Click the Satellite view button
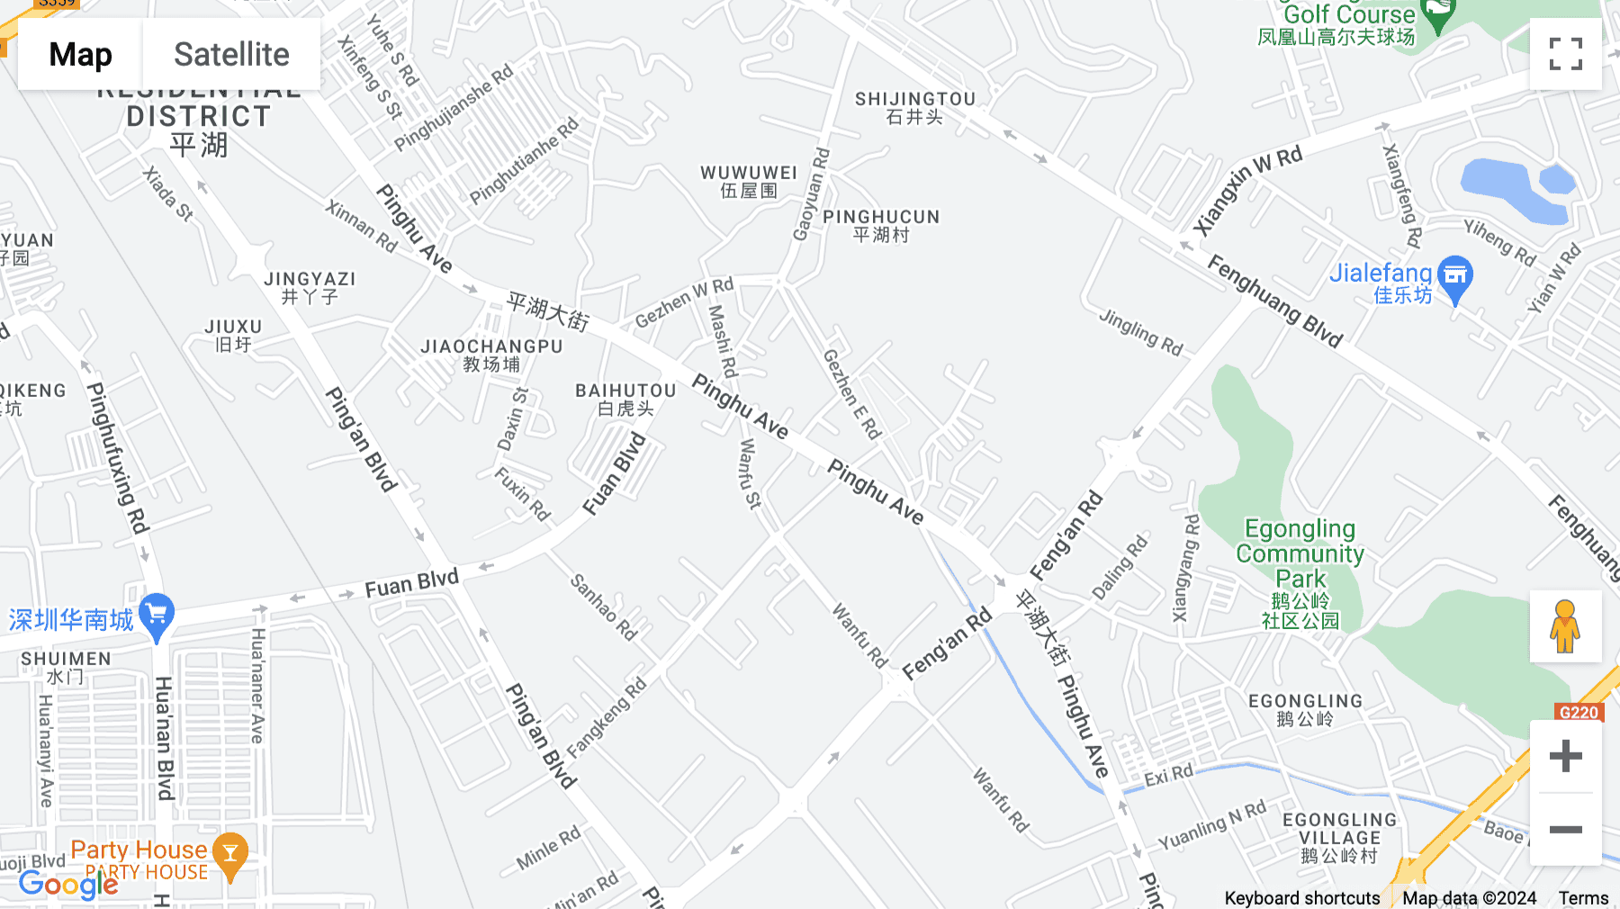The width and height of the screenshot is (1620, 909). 231,54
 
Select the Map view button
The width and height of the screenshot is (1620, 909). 80,54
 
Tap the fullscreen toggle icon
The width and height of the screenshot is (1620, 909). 1565,54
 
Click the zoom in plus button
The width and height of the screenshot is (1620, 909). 1565,755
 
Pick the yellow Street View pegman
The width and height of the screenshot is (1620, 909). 1565,626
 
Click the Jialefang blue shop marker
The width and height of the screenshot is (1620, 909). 1454,277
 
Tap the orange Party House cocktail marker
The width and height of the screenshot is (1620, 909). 230,853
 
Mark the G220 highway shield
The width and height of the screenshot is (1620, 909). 1579,712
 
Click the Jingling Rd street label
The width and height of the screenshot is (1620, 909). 1140,332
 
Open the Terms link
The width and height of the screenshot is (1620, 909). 1583,897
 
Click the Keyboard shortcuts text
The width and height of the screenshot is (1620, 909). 1301,897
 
